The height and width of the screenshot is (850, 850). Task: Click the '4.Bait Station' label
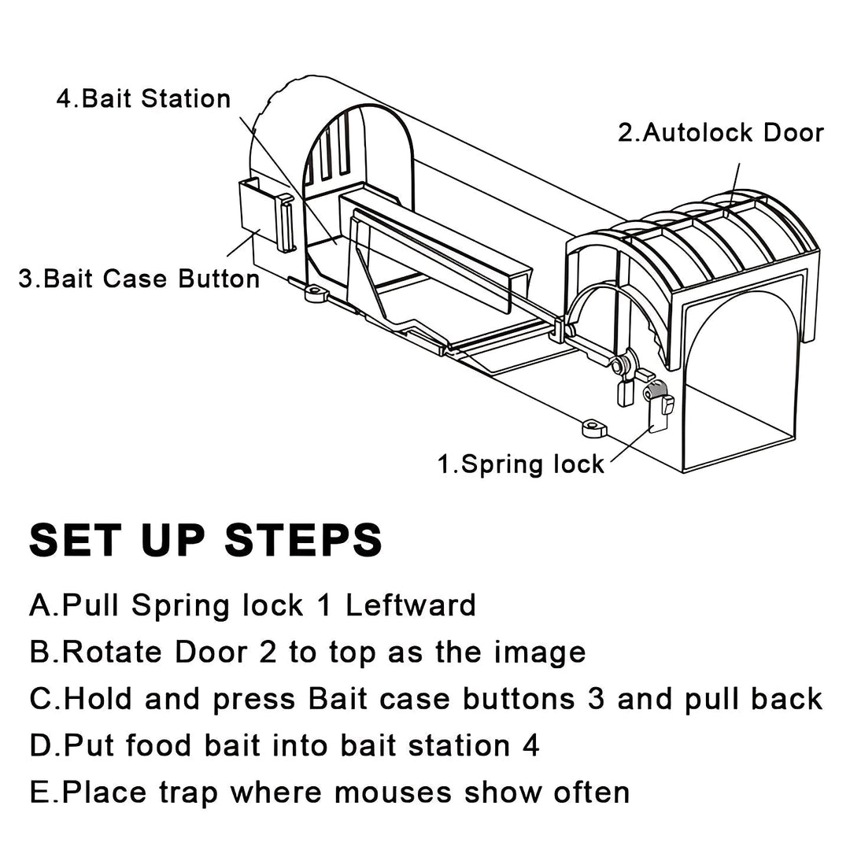tap(144, 98)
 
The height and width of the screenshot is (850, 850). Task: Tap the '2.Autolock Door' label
tap(719, 132)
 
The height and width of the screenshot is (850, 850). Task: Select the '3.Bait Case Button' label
tap(139, 279)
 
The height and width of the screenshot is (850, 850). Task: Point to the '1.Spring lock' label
tap(520, 464)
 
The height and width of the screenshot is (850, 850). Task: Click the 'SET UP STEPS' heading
tap(206, 540)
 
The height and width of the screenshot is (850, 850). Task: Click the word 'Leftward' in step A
tap(411, 605)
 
